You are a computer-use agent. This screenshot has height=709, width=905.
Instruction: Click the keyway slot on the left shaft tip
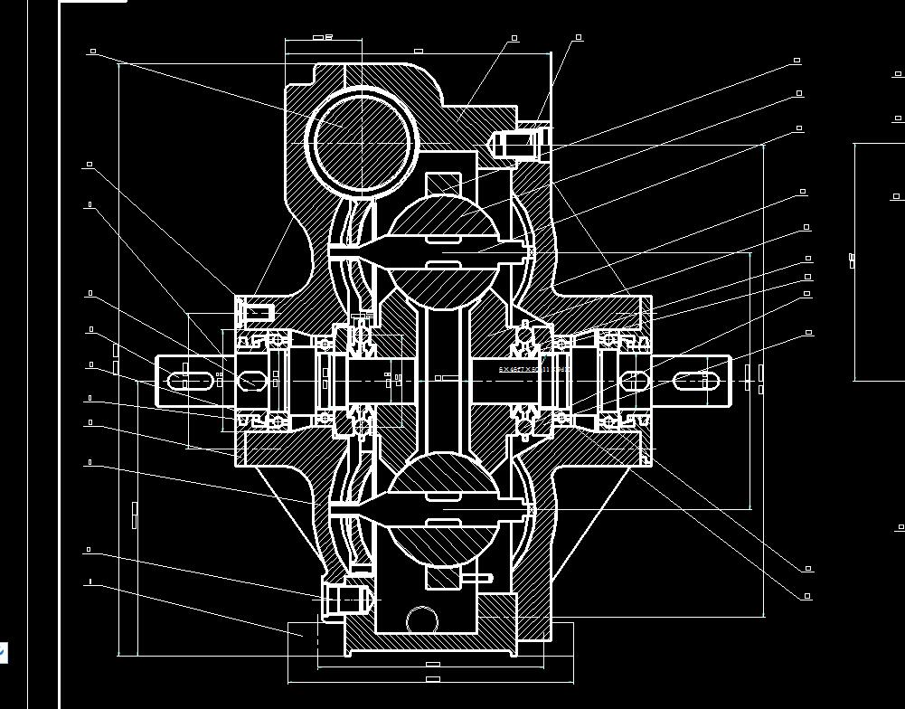pyautogui.click(x=184, y=381)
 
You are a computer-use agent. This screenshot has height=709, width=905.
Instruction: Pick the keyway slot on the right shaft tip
pyautogui.click(x=702, y=381)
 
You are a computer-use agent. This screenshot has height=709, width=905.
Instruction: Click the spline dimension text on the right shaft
pyautogui.click(x=533, y=369)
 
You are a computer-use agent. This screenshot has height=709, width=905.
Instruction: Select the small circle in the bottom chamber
pyautogui.click(x=421, y=621)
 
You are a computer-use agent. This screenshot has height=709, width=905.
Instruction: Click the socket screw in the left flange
pyautogui.click(x=256, y=313)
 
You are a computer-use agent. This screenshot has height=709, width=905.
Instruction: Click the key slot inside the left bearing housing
pyautogui.click(x=250, y=381)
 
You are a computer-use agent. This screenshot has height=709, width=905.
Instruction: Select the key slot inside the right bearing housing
pyautogui.click(x=636, y=381)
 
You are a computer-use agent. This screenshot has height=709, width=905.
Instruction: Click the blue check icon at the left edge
pyautogui.click(x=3, y=652)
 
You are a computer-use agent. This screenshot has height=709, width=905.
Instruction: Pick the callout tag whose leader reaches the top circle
pyautogui.click(x=92, y=52)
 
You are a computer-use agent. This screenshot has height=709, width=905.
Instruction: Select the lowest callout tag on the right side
pyautogui.click(x=807, y=597)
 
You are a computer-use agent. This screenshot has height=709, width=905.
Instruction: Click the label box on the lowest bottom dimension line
pyautogui.click(x=432, y=678)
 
